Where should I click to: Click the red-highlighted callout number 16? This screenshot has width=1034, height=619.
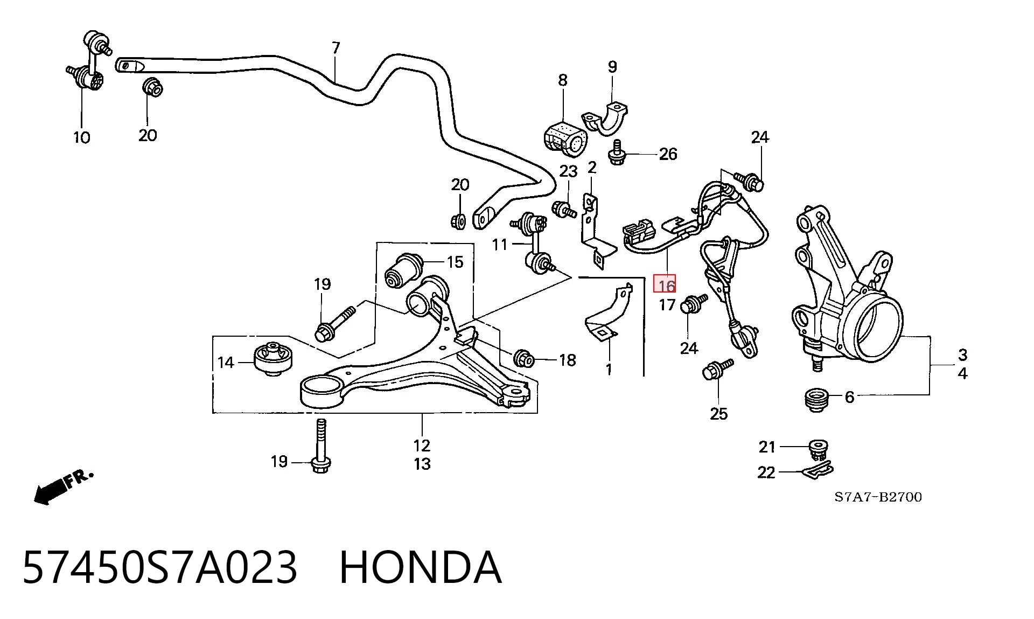[x=665, y=284]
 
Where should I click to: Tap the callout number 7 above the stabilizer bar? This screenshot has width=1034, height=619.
[x=336, y=48]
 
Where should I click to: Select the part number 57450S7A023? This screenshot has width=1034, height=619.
[x=159, y=567]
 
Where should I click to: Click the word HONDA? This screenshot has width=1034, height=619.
[x=421, y=567]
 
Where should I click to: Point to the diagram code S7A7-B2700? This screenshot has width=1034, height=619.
[x=878, y=497]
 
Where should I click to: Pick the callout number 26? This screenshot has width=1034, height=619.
[x=668, y=154]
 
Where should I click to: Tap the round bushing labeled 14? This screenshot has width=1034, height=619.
[x=273, y=358]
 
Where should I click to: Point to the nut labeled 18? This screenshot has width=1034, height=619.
[x=523, y=358]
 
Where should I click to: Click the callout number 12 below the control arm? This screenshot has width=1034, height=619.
[x=422, y=446]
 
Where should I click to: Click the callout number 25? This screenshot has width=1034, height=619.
[x=718, y=414]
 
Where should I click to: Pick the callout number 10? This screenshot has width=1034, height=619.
[x=81, y=137]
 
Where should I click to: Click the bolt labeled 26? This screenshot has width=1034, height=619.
[x=617, y=152]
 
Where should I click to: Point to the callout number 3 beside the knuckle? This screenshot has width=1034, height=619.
[x=962, y=354]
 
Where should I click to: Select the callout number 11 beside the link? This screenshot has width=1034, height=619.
[x=500, y=245]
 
